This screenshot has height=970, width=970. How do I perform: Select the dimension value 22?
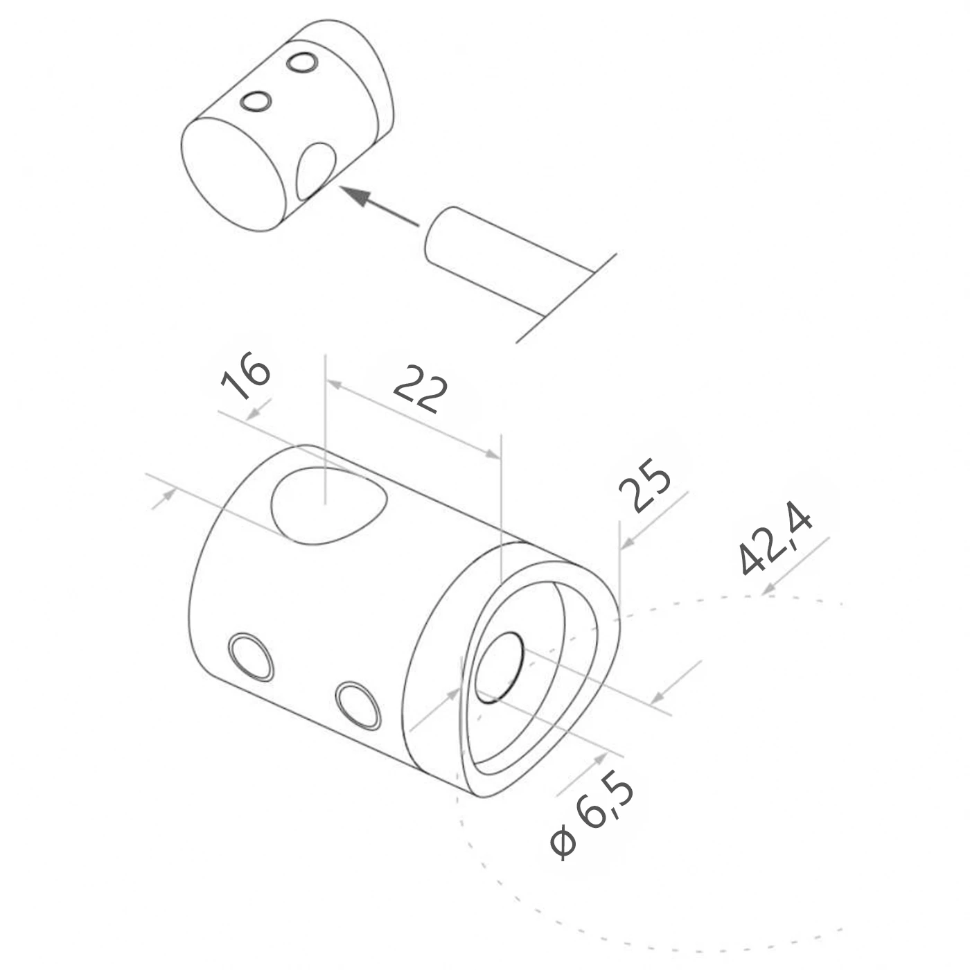[421, 389]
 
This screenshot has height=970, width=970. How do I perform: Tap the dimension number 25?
[645, 485]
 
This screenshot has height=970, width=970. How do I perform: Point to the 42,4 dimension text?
[774, 538]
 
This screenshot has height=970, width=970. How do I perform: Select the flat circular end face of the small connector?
[234, 175]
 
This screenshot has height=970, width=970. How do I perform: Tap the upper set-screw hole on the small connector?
[301, 62]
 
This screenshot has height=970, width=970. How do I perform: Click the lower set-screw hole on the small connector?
[256, 101]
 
